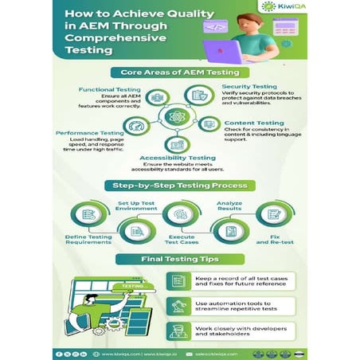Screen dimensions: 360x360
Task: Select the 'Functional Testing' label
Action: point(112,89)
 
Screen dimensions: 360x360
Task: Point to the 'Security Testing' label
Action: point(248,86)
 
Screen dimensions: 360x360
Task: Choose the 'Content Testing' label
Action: point(251,123)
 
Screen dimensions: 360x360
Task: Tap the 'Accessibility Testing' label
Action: point(179,158)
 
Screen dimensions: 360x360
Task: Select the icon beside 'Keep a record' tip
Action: point(178,281)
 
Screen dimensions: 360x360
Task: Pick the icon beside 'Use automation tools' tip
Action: point(178,306)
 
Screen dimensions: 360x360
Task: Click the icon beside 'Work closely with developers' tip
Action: point(178,331)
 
